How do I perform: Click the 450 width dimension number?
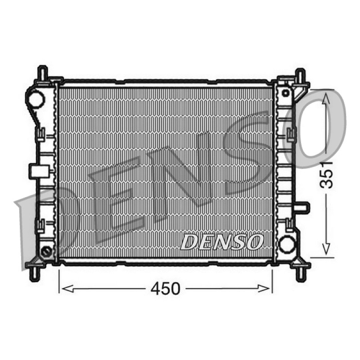click(x=165, y=288)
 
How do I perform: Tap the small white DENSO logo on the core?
click(x=221, y=242)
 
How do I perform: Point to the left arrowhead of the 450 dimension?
click(x=68, y=288)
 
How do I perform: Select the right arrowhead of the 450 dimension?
click(x=264, y=288)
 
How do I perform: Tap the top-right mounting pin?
click(x=300, y=75)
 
